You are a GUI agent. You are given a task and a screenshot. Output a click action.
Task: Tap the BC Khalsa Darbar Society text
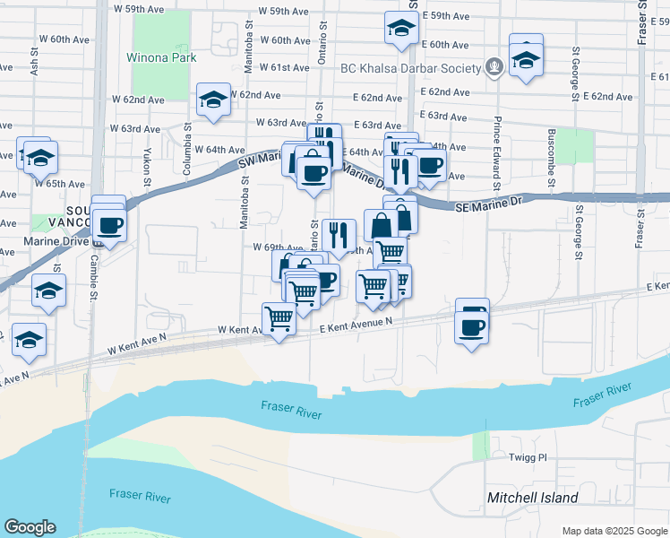coord(411,68)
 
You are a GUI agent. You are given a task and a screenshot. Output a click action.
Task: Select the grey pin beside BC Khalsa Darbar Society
coord(493,67)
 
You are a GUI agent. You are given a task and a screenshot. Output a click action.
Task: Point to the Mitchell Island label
coord(532,498)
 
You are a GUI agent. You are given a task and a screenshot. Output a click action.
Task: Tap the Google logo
coord(30,527)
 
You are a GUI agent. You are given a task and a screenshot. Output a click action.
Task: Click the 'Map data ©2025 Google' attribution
coord(614,531)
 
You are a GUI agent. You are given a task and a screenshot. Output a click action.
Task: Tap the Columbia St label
coord(189,134)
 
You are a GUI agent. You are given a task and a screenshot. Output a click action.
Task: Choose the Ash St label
coord(34,60)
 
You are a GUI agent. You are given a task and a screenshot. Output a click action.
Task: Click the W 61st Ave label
coord(285,68)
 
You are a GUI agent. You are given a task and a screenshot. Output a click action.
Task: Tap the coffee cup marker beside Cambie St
coord(109,224)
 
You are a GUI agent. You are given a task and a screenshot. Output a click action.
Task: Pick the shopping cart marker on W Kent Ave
coord(279,317)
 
